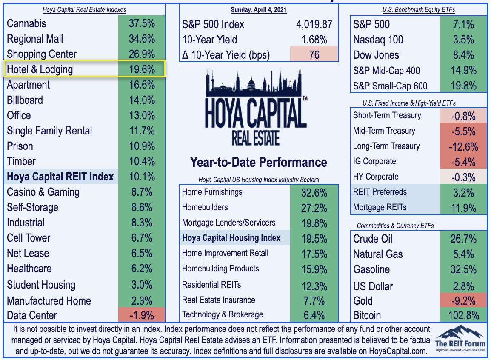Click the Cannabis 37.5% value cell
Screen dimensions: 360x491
coord(141,23)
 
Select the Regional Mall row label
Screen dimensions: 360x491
coord(35,39)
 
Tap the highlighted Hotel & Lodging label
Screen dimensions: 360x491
coord(40,69)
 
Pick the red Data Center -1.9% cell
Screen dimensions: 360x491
coord(141,315)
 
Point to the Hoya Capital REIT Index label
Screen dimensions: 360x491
coord(60,177)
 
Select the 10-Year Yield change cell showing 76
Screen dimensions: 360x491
coord(314,55)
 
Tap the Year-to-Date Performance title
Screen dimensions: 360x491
coord(259,162)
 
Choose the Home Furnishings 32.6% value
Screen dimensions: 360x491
coord(314,192)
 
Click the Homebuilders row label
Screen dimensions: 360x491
coord(205,207)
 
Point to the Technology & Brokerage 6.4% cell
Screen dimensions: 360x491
coord(314,315)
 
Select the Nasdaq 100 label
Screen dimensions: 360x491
coord(378,40)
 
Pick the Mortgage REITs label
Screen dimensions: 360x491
coord(380,207)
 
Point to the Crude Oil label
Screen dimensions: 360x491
coord(373,239)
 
